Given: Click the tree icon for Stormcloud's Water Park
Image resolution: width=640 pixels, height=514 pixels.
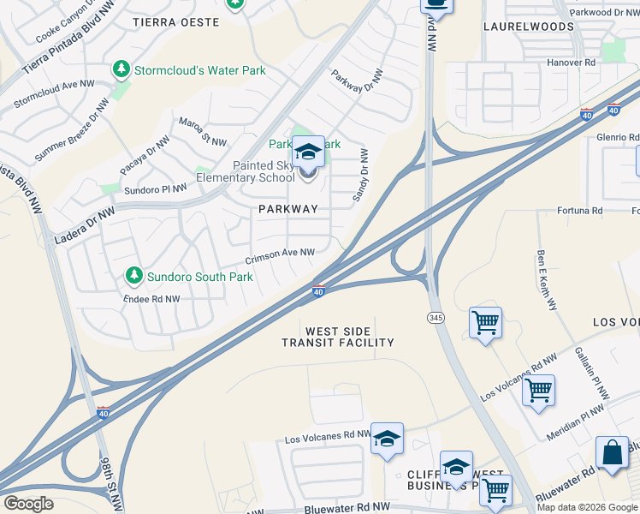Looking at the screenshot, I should pyautogui.click(x=121, y=69).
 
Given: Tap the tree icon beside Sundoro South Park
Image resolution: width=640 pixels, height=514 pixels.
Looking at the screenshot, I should pyautogui.click(x=133, y=276).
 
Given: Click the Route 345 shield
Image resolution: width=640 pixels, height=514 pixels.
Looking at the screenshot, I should pyautogui.click(x=434, y=317).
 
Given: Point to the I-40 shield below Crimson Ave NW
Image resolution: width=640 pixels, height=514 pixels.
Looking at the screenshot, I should pyautogui.click(x=317, y=292).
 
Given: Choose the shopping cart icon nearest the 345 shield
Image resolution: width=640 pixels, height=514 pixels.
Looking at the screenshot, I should pyautogui.click(x=485, y=323).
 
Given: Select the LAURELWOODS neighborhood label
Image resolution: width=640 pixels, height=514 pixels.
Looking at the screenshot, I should pyautogui.click(x=528, y=27).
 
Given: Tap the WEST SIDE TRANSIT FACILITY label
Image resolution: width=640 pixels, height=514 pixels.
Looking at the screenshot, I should pyautogui.click(x=338, y=337).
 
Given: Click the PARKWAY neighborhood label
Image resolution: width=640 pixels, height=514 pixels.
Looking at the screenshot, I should pyautogui.click(x=288, y=209).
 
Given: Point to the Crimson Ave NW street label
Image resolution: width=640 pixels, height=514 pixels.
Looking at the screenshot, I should pyautogui.click(x=280, y=256).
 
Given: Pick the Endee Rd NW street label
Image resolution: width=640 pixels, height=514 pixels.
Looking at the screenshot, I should pyautogui.click(x=151, y=299).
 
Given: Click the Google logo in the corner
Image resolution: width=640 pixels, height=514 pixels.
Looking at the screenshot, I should pyautogui.click(x=29, y=504).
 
